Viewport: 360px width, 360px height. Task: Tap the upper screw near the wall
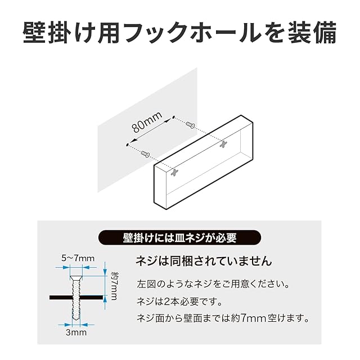pos(190,127)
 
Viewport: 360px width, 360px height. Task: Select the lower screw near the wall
pos(145,151)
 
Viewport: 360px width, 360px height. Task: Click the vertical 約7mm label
pos(113,286)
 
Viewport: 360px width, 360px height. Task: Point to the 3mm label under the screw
pos(77,333)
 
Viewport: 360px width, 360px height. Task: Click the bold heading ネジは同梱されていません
pos(204,262)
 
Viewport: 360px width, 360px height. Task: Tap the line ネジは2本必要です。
pos(180,300)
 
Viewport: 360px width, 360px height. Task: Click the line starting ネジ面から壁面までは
pos(223,318)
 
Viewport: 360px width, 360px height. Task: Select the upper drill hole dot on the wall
pos(174,119)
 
